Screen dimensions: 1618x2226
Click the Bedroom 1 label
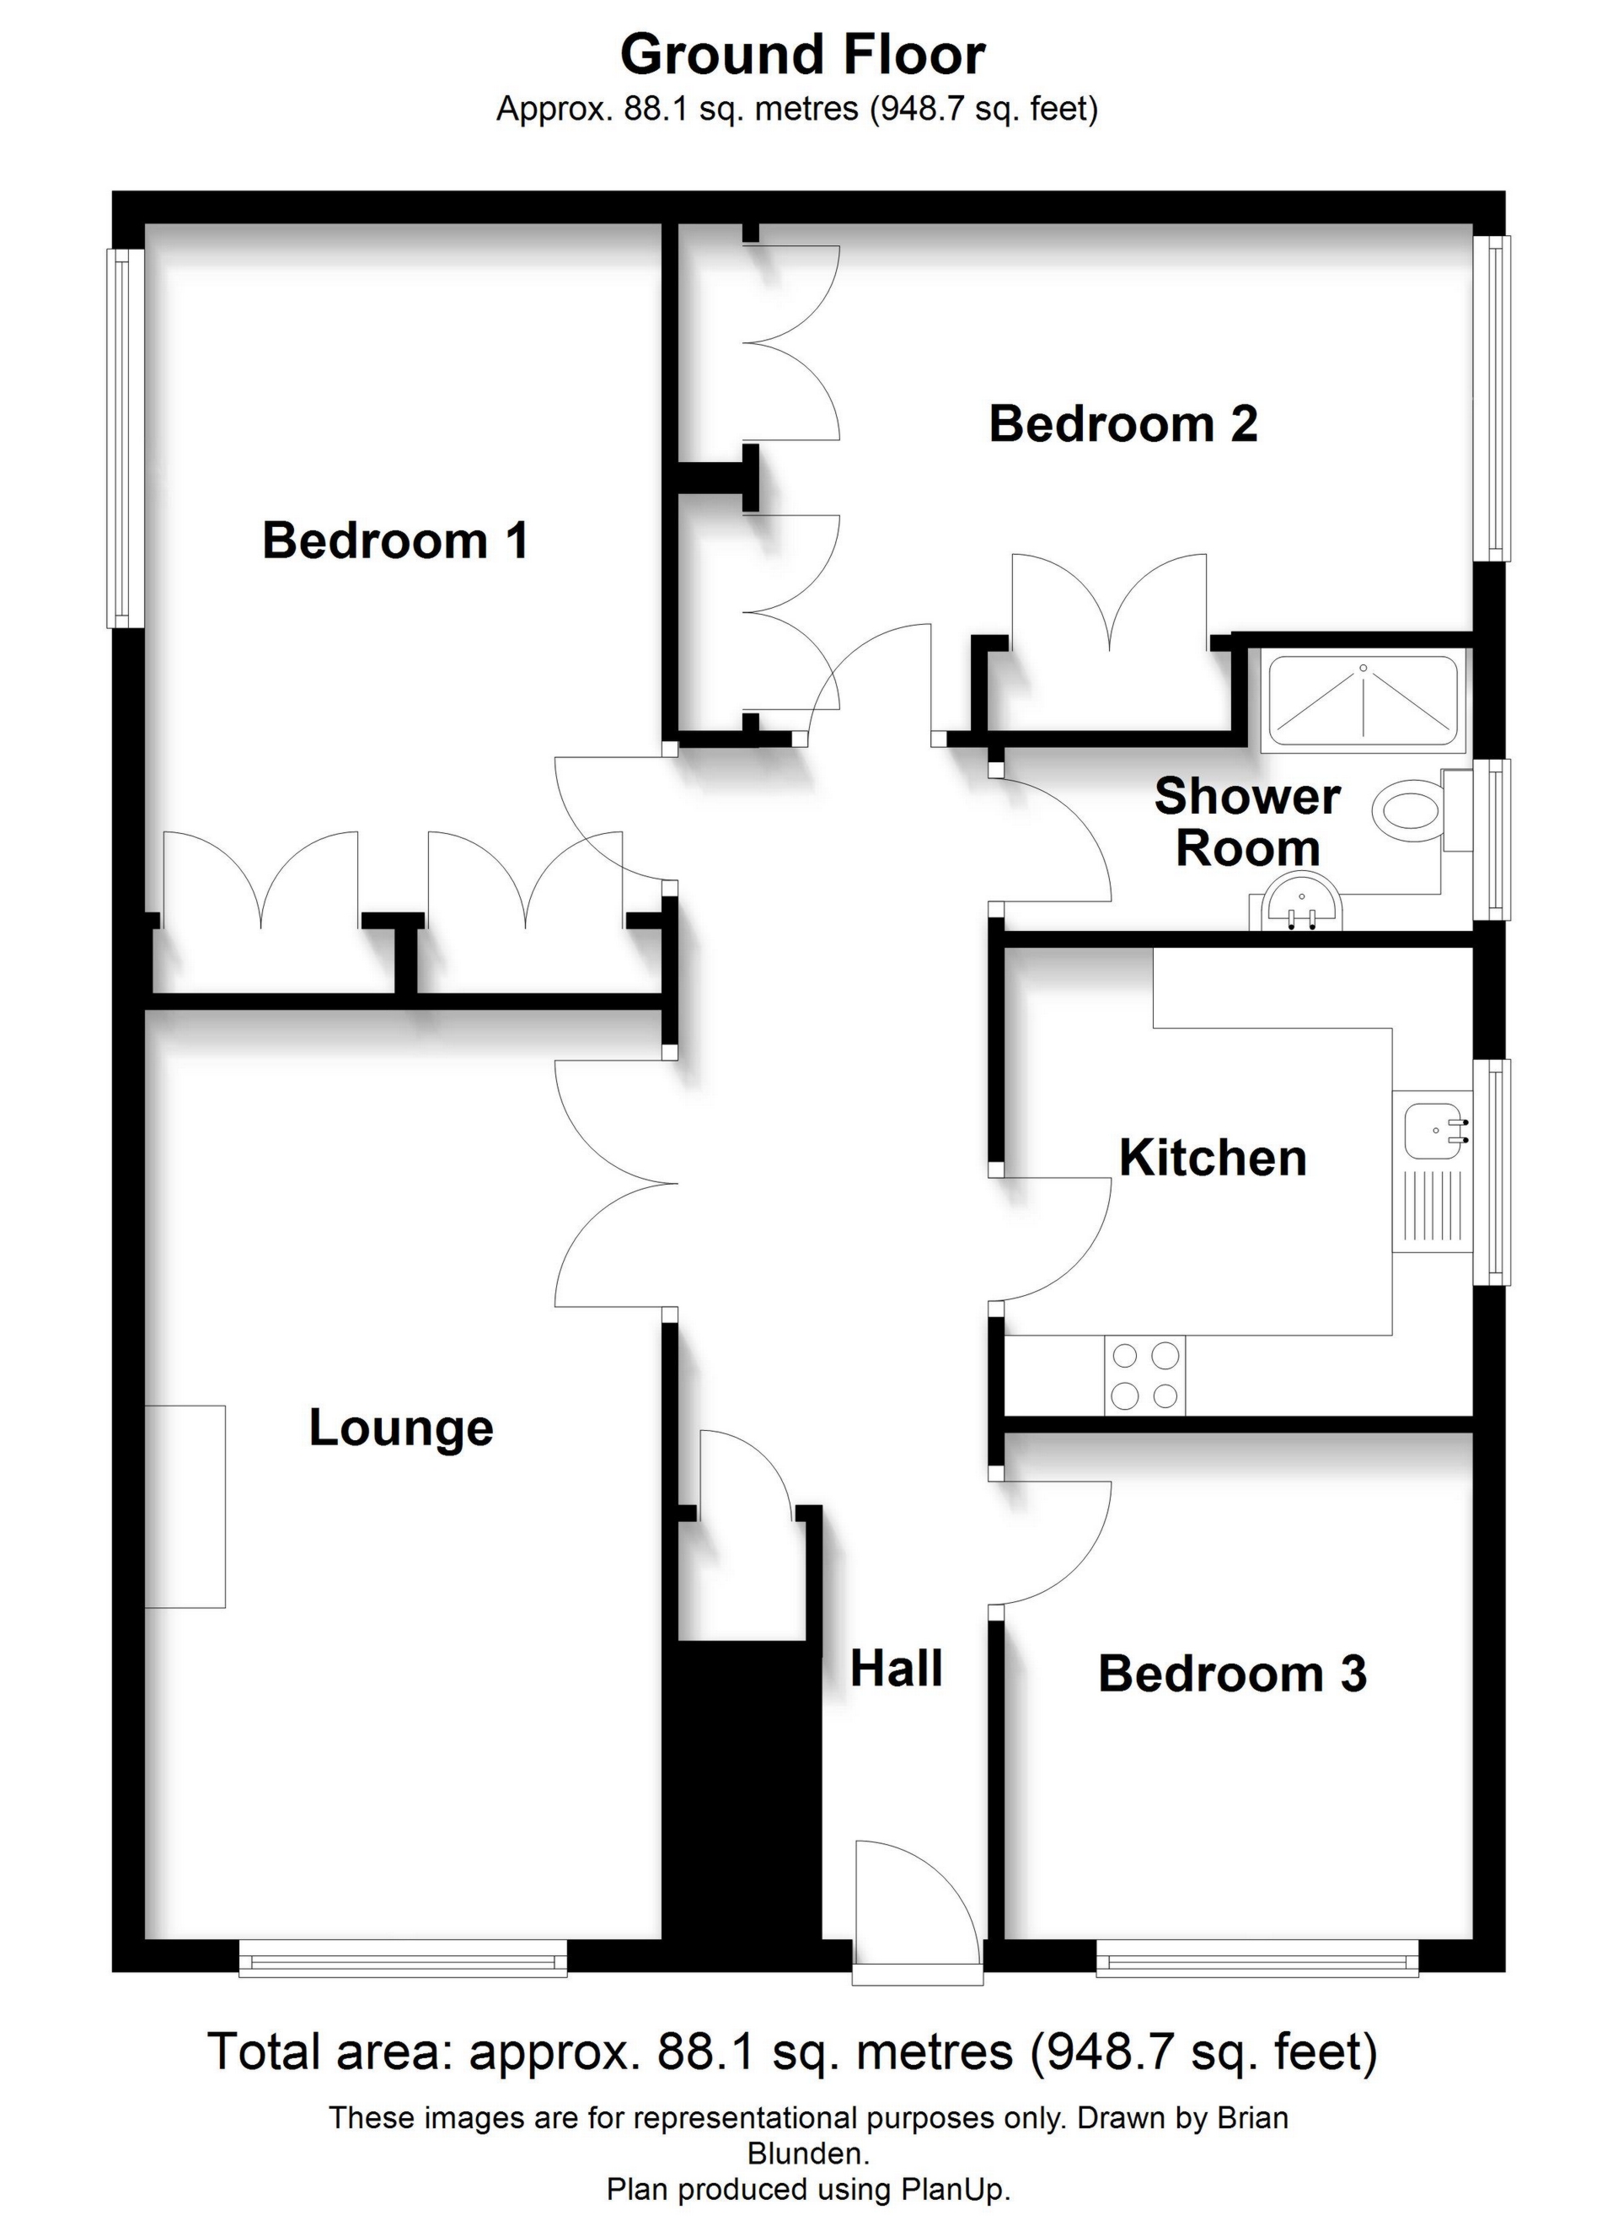395,540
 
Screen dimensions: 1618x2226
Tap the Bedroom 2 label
1123,424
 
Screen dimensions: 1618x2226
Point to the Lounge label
401,1429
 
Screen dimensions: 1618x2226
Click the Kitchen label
1213,1159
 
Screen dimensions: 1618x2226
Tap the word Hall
897,1669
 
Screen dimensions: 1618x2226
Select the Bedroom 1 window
126,438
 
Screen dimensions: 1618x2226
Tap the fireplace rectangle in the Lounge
185,1507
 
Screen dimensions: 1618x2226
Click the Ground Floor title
802,55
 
